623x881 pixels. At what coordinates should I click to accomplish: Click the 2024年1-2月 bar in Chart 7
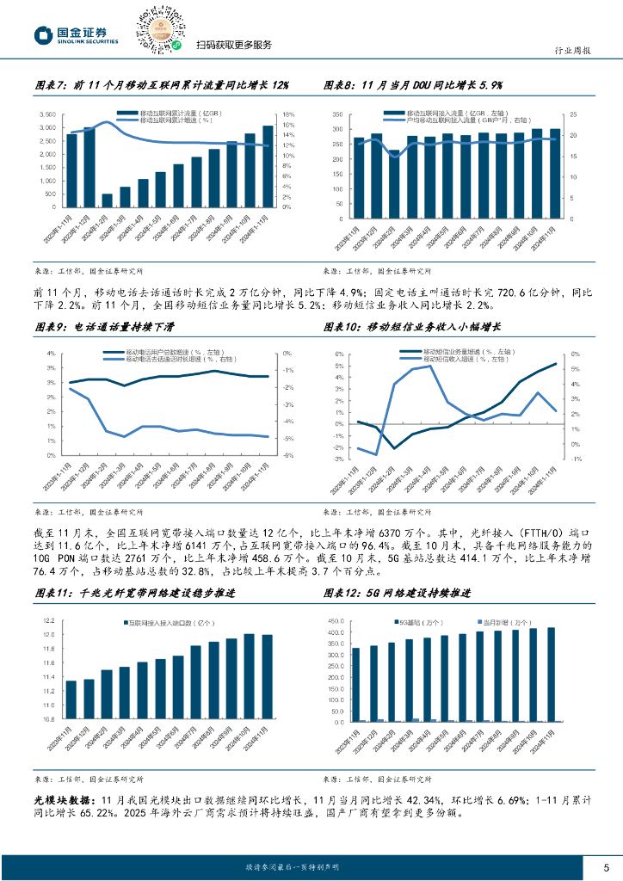click(x=108, y=200)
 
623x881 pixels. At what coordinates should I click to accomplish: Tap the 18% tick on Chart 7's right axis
click(x=289, y=114)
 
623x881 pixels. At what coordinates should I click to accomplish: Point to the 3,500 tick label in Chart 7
click(x=48, y=114)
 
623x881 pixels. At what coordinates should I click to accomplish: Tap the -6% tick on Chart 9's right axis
click(x=289, y=456)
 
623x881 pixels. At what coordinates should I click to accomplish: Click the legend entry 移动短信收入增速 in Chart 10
click(x=458, y=360)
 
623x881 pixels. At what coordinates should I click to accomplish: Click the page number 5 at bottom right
click(x=606, y=866)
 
